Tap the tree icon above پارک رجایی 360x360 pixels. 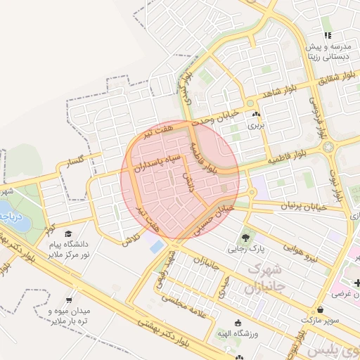(245, 237)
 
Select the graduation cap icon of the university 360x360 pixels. (67, 233)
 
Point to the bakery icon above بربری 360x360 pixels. (255, 114)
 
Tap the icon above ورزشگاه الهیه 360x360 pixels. (238, 323)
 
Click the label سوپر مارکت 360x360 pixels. (321, 319)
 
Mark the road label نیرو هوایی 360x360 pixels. (300, 251)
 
